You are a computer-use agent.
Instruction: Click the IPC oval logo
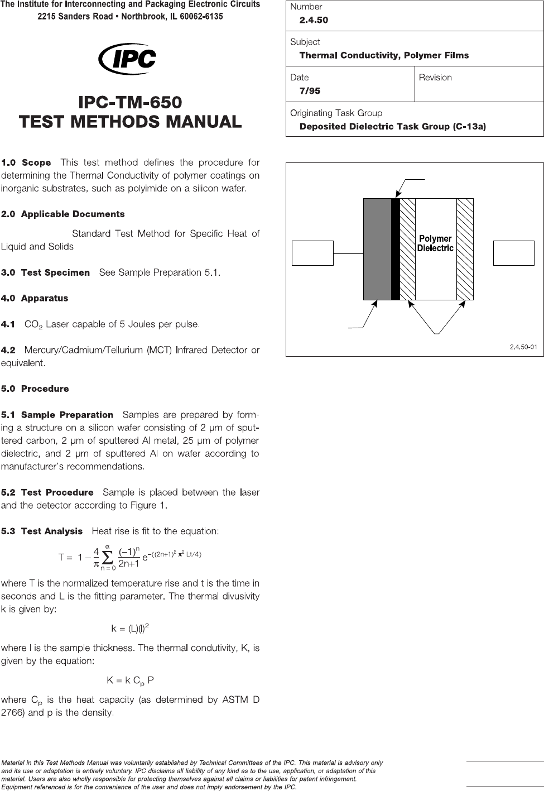tap(127, 59)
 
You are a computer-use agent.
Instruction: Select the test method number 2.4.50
tap(314, 20)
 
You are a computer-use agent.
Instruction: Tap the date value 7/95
tap(310, 91)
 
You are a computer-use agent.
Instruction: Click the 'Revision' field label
tap(435, 78)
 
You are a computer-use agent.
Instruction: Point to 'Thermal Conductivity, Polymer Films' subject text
tap(384, 55)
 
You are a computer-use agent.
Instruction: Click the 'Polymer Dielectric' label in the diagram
tap(435, 243)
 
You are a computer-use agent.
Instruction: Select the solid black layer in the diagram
tap(396, 249)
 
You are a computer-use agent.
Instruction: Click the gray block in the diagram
tap(377, 249)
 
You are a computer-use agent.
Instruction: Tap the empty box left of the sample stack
tap(312, 253)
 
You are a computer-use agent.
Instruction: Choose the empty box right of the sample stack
tap(514, 253)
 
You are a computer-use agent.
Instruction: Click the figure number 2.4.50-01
tap(523, 347)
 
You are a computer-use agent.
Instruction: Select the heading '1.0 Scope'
tap(26, 163)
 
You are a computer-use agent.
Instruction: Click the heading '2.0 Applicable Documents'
tap(62, 214)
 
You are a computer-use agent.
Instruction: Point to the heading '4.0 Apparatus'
tap(35, 299)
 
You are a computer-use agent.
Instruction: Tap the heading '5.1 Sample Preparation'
tap(57, 415)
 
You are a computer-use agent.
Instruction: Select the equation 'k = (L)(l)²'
tap(130, 629)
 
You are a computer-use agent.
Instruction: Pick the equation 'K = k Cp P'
tap(130, 680)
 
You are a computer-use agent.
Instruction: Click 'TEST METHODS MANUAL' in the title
tap(130, 122)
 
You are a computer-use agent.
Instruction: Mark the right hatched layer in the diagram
tap(465, 249)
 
